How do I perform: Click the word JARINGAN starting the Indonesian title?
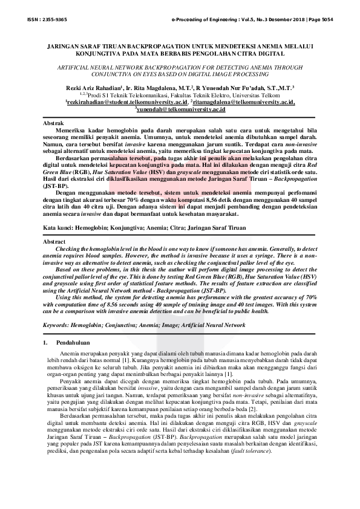pos(65,45)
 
